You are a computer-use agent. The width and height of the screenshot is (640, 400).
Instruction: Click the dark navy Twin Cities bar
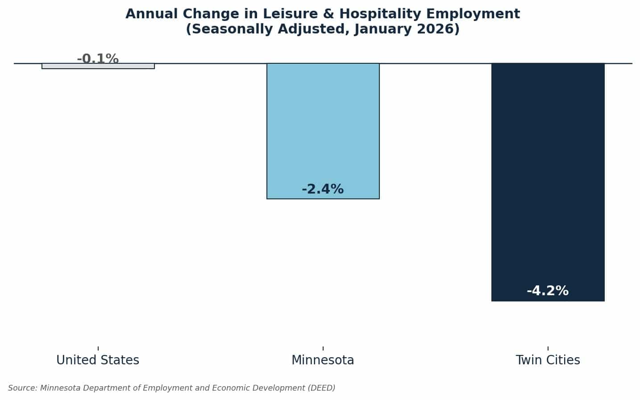[548, 182]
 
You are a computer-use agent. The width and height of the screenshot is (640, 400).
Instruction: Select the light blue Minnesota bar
[323, 131]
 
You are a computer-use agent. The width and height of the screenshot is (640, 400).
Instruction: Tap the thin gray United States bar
[98, 66]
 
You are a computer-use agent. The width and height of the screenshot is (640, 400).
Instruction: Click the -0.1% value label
[98, 58]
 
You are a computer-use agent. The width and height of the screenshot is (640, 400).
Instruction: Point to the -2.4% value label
[323, 189]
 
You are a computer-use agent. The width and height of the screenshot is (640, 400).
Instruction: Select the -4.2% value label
[548, 291]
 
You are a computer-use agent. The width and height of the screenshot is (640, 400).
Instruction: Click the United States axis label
[98, 360]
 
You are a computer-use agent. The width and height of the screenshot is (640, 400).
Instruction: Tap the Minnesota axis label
[323, 360]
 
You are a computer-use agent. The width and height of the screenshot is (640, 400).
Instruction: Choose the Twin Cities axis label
[548, 360]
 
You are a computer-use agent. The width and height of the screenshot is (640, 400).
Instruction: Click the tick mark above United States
[98, 348]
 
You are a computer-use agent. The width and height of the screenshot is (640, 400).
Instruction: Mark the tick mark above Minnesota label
[323, 348]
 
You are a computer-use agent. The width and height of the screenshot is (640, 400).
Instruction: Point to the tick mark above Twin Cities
[548, 348]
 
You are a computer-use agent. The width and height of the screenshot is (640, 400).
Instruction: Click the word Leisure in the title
[290, 14]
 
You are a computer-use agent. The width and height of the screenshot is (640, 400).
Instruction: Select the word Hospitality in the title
[380, 14]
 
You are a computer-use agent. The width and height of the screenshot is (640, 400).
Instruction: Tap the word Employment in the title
[473, 14]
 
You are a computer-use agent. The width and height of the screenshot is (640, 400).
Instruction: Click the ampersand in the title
[328, 14]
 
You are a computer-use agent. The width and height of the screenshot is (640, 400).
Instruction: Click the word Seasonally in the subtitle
[232, 29]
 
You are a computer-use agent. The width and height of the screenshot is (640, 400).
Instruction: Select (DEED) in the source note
[321, 388]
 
